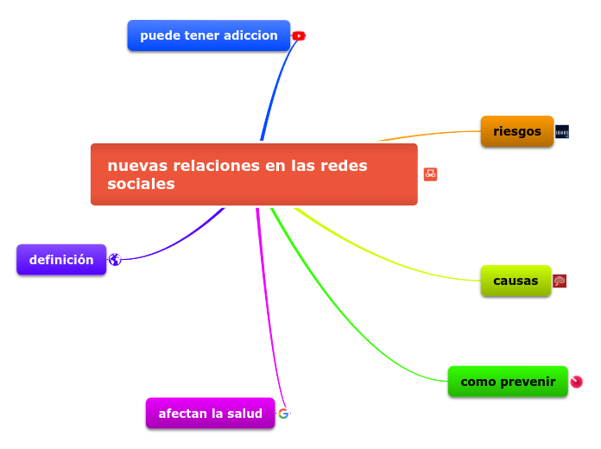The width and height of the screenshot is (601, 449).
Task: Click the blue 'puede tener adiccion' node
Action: click(x=208, y=35)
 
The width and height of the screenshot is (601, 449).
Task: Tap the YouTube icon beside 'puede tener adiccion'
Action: click(x=299, y=36)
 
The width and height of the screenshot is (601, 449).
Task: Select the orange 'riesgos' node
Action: click(x=516, y=131)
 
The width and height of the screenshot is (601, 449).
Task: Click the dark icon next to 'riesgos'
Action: click(x=562, y=132)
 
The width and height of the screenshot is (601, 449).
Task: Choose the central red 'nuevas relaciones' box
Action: click(x=253, y=174)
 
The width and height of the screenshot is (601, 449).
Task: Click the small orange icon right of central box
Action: click(x=430, y=174)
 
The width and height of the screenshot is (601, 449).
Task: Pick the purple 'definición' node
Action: click(x=61, y=259)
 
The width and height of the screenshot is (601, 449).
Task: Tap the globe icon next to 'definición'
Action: click(x=115, y=260)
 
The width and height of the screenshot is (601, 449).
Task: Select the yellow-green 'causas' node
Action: click(x=516, y=281)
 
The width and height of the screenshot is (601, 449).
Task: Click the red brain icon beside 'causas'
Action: click(x=560, y=281)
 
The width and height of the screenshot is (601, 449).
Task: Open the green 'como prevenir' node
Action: click(x=508, y=382)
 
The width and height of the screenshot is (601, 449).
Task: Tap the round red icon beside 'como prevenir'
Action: click(x=576, y=382)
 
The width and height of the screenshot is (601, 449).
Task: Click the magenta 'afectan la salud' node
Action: click(x=210, y=414)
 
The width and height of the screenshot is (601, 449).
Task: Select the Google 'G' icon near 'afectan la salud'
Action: click(x=283, y=414)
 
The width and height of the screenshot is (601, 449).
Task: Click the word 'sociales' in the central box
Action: click(x=141, y=185)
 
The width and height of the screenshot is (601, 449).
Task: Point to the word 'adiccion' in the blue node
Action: click(x=250, y=35)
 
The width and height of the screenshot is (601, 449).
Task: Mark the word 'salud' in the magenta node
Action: click(x=244, y=414)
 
